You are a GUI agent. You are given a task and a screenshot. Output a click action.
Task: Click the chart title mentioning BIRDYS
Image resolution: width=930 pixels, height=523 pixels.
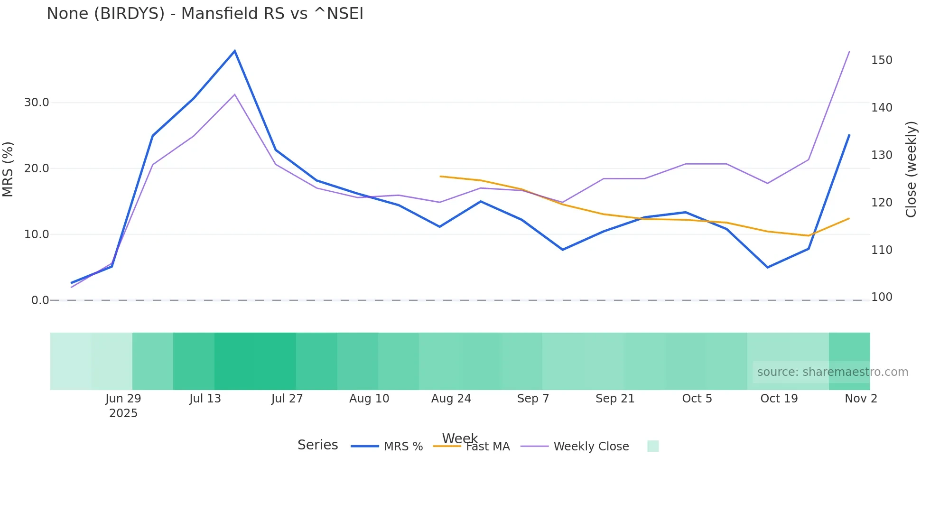click(205, 14)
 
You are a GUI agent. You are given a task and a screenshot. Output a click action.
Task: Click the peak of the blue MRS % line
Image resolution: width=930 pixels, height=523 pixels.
click(235, 51)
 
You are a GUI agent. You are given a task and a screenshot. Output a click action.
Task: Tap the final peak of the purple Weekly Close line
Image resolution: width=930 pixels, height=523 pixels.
click(849, 51)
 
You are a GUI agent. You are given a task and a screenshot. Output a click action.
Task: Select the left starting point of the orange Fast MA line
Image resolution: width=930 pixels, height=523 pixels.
click(440, 177)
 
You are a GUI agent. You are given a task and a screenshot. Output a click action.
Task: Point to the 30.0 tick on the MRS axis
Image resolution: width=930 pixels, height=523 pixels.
click(37, 103)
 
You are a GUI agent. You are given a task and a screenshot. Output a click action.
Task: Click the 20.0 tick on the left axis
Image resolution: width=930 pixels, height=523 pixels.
click(37, 168)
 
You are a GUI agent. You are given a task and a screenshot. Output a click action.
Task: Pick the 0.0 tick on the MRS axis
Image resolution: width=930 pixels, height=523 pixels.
click(40, 300)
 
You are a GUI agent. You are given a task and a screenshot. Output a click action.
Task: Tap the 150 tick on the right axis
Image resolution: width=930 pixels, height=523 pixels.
click(882, 60)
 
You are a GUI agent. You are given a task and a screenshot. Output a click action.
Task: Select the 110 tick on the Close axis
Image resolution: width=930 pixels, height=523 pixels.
click(882, 250)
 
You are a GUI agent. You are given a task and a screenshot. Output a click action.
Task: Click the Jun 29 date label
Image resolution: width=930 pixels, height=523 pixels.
click(123, 399)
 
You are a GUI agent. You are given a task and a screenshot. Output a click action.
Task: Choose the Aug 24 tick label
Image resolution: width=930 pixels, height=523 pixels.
click(451, 399)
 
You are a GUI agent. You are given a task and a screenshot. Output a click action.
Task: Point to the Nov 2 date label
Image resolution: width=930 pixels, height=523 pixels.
click(861, 399)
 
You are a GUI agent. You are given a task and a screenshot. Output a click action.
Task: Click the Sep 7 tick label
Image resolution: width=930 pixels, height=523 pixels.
click(533, 399)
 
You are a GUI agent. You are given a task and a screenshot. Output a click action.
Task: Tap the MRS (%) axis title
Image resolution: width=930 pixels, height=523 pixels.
click(8, 169)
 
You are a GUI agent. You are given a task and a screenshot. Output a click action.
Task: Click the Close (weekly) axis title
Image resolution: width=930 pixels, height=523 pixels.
click(911, 169)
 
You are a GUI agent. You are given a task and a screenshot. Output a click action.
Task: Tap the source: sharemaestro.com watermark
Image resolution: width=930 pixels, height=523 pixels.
click(832, 372)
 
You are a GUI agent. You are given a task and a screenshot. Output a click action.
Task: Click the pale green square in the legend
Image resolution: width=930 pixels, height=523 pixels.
click(653, 446)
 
